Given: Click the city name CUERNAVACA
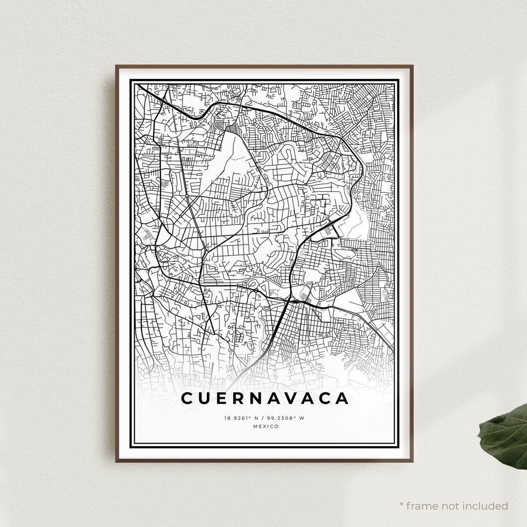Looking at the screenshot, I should click(x=265, y=398).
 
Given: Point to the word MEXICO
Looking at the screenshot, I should click(x=266, y=426).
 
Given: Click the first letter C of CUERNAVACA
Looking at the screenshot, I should click(x=187, y=398).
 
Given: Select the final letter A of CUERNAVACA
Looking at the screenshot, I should click(x=342, y=398).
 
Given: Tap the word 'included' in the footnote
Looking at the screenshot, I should click(x=488, y=506).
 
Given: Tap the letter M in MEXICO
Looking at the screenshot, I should click(x=256, y=426).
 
